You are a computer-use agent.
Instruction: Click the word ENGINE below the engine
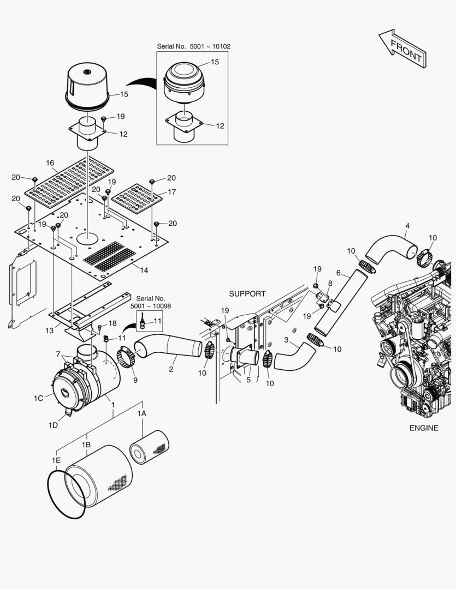423,428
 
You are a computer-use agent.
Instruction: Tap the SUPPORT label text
247,294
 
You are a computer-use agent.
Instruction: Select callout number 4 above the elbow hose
407,226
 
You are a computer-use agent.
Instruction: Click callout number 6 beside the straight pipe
338,273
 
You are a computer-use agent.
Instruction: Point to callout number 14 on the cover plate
144,271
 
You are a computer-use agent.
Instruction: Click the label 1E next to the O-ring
56,461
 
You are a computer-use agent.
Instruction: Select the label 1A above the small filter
141,414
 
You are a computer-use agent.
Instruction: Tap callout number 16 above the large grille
50,163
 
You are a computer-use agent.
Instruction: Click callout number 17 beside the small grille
171,192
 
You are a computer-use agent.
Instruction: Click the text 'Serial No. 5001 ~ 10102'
193,46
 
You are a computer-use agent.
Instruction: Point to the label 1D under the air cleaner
53,425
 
